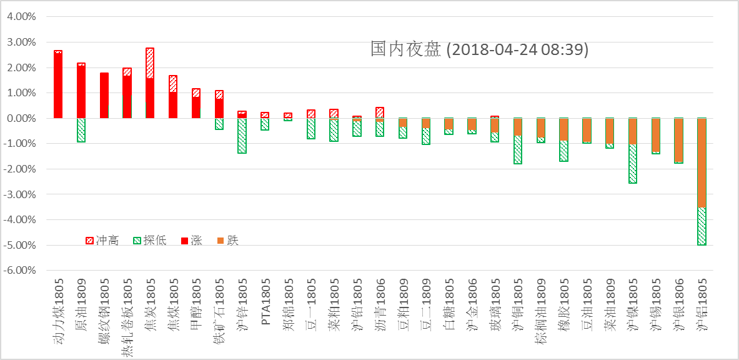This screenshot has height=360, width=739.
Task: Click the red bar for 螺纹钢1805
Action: coord(104,96)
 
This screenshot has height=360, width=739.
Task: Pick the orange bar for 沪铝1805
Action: coord(702,162)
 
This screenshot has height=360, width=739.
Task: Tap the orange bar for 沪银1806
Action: coord(678,139)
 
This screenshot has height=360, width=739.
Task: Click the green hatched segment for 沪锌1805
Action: coord(242,136)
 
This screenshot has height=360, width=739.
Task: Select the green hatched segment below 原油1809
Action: coord(81,130)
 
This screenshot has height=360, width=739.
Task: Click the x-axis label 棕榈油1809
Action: coord(540,312)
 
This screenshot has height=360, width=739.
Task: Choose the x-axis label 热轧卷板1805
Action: coord(127,315)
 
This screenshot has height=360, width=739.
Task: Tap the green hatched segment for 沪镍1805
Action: coord(633,164)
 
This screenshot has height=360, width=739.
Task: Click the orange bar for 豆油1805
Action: coord(587,130)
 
